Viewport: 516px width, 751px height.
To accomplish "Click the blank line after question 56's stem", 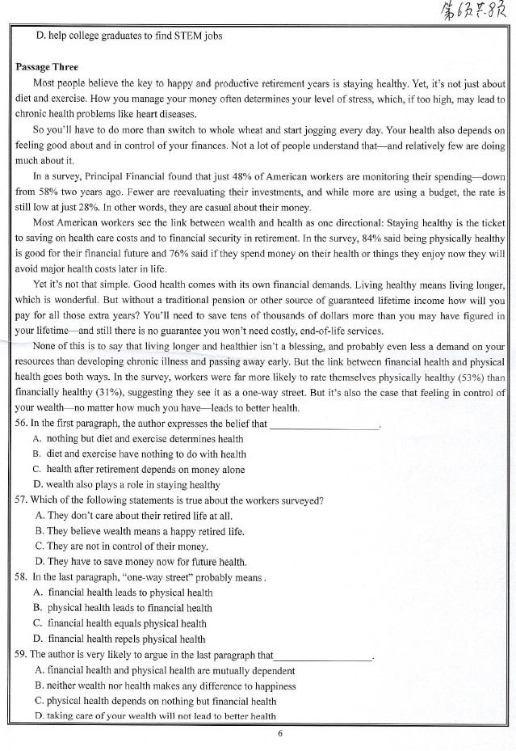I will click(323, 425).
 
